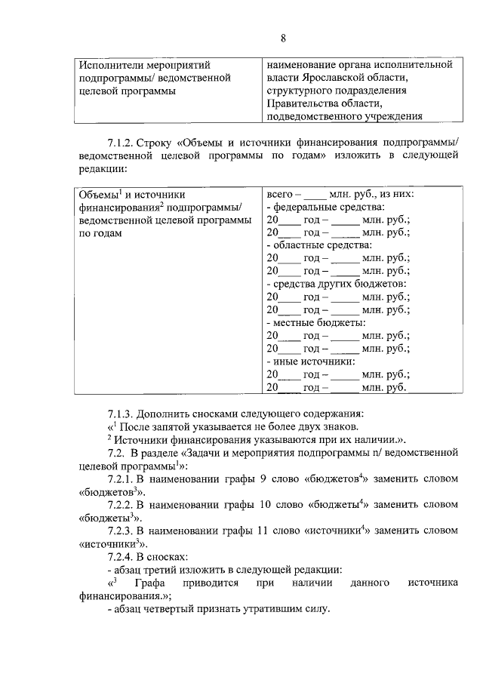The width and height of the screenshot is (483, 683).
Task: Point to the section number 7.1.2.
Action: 123,142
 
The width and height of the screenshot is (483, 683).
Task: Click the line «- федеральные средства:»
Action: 318,207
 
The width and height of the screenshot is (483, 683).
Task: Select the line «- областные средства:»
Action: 313,245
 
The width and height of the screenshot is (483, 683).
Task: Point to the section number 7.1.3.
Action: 123,414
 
